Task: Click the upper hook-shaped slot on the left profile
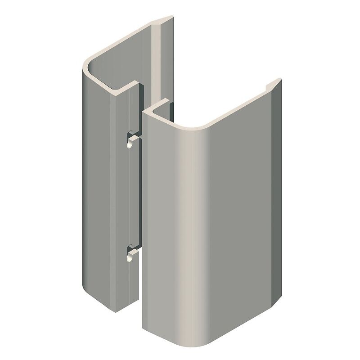130,139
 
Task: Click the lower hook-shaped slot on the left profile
130,252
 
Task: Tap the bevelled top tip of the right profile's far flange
275,83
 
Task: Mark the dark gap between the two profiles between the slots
138,193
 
